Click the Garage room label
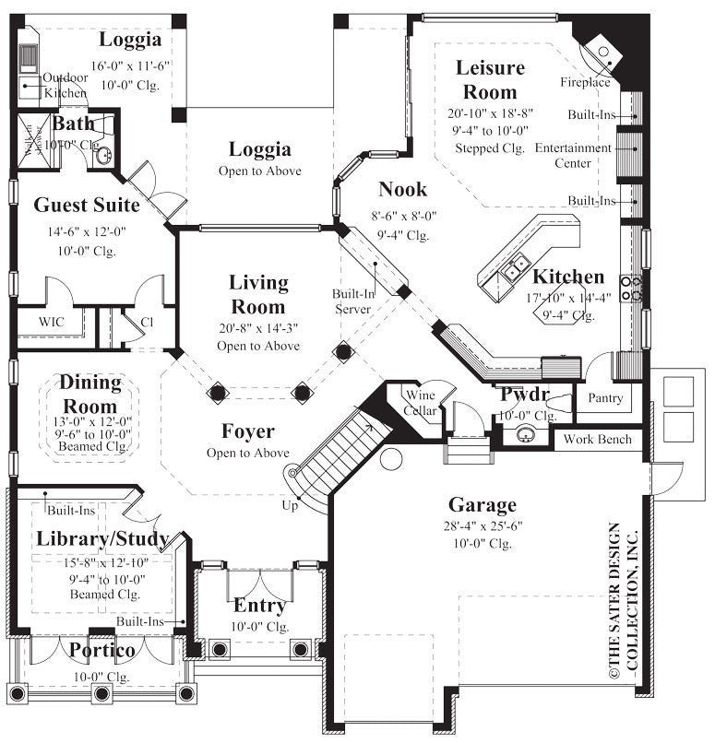[482, 504]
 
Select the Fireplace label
[585, 83]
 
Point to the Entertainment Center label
[573, 155]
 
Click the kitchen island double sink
[516, 265]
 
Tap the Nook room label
[403, 190]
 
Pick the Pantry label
[605, 399]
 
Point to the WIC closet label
[51, 323]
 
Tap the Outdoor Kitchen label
[66, 86]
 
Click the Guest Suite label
[87, 205]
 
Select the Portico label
[101, 651]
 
